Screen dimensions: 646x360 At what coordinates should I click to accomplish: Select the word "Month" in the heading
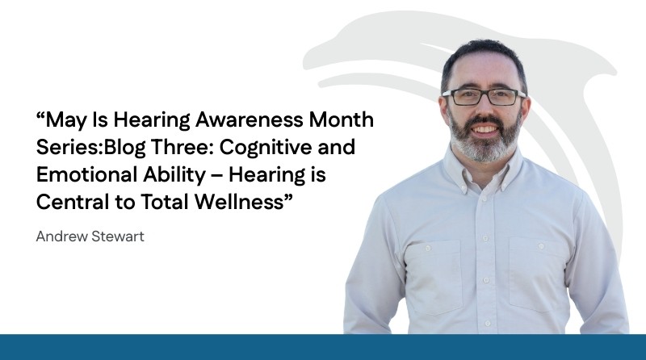coord(341,119)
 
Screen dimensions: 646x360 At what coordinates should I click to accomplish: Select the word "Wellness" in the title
coord(239,202)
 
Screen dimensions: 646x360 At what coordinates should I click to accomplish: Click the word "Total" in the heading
coord(165,202)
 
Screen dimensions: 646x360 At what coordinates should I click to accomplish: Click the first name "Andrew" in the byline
coord(62,237)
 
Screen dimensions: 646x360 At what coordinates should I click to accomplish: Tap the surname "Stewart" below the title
coord(117,237)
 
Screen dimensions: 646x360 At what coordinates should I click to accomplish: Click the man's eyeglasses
coord(484,97)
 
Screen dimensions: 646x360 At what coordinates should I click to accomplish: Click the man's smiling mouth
coord(485,129)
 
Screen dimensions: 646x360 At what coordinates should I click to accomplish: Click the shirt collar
coord(484,169)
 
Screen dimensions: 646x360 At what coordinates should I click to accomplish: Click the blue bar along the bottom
coord(323,347)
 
